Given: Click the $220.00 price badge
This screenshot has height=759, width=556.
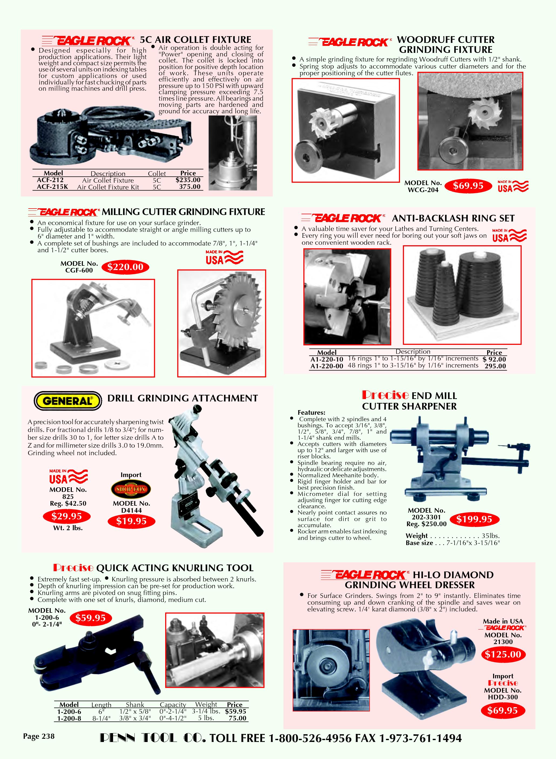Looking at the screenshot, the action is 125,267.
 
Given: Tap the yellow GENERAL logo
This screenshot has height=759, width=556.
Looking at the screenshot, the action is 68,401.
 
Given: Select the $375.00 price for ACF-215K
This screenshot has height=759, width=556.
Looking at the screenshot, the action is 190,187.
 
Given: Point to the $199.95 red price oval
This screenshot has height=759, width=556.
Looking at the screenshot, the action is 474,519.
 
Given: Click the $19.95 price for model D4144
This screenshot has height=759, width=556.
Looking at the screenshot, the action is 131,521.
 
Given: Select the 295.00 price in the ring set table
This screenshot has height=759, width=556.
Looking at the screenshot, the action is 495,366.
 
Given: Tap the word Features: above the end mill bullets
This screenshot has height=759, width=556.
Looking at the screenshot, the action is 311,413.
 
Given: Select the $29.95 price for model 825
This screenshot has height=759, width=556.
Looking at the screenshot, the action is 67,516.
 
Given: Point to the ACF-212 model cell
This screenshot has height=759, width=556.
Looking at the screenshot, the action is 50,180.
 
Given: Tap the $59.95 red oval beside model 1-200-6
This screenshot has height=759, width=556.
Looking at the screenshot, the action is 90,618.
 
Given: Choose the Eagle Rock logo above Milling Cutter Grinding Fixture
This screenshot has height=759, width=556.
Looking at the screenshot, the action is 64,212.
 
